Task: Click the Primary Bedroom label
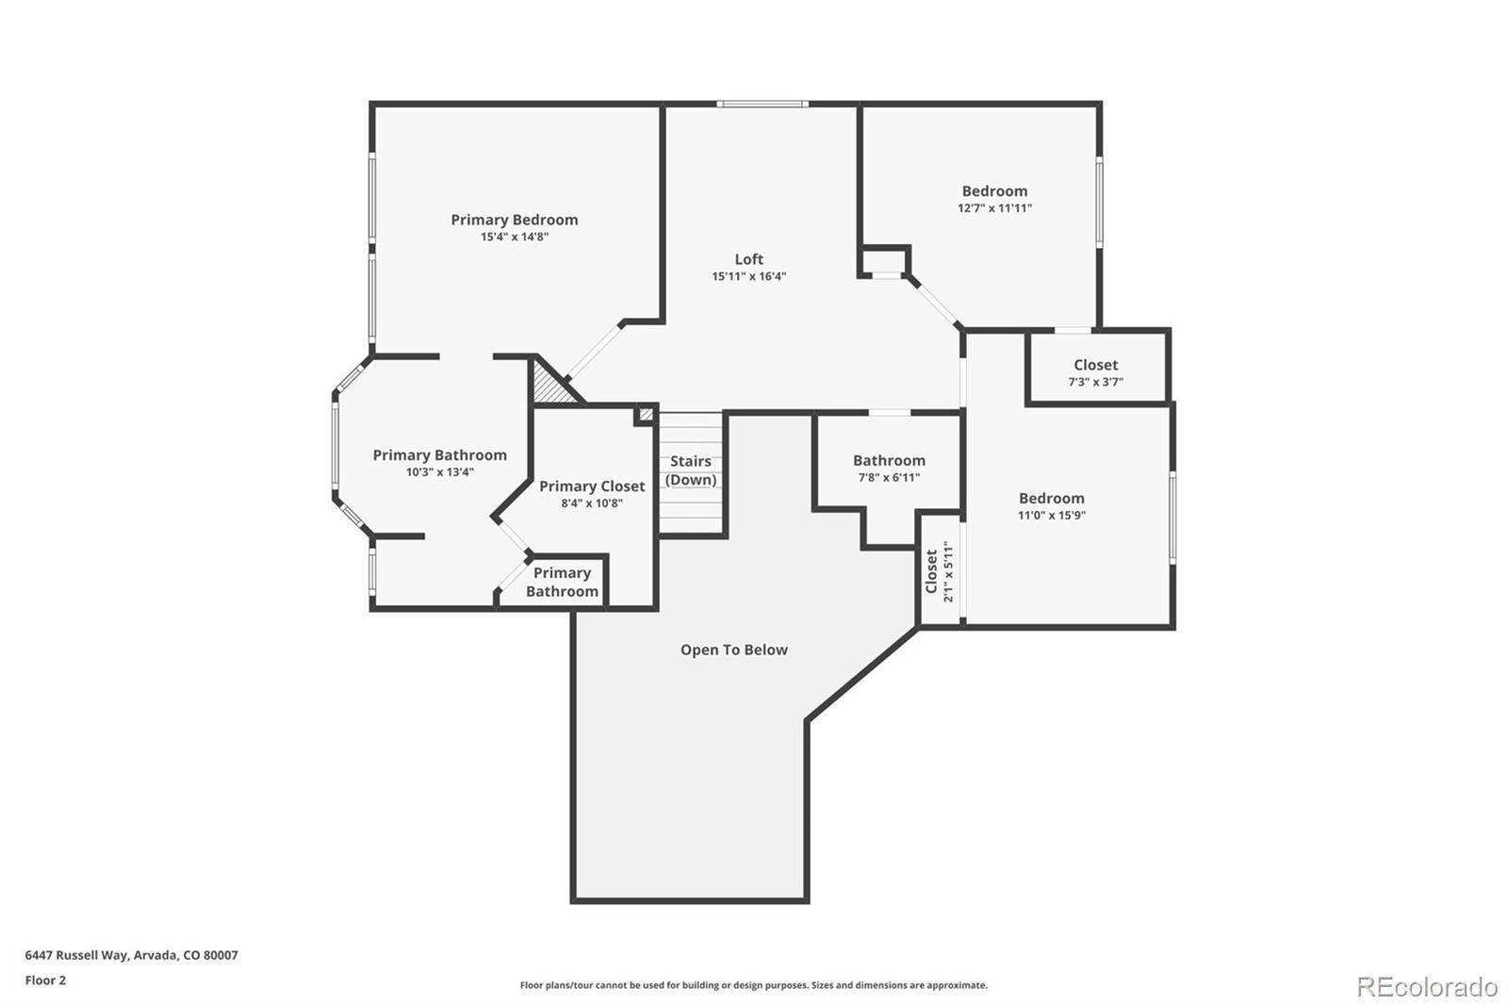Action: click(514, 220)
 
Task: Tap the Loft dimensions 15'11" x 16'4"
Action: click(748, 276)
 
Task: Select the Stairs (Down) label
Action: click(691, 470)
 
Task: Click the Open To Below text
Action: click(733, 650)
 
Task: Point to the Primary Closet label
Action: click(592, 486)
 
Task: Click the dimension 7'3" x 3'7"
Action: click(1095, 382)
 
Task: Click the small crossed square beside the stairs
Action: click(647, 414)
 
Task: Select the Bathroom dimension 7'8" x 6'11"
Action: click(889, 477)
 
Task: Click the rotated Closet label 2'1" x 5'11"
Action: click(940, 571)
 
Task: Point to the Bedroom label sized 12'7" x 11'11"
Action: click(994, 191)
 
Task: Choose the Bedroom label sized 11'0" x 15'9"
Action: click(1051, 499)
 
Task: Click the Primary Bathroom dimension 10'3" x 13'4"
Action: click(439, 471)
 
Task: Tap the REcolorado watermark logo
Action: click(1426, 986)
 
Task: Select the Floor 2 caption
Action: click(45, 980)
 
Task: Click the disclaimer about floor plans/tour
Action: click(753, 985)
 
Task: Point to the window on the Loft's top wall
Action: click(762, 104)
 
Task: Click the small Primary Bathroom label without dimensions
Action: click(562, 582)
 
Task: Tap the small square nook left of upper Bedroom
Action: click(885, 260)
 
